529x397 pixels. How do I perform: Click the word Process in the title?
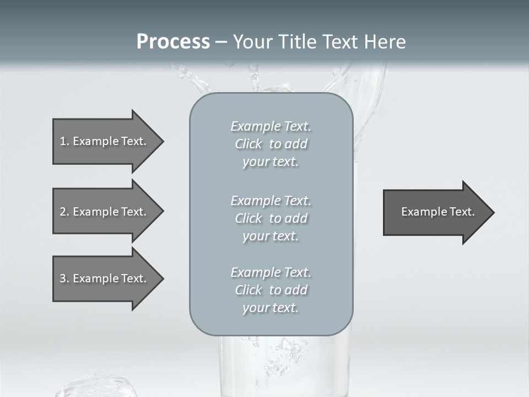(x=173, y=42)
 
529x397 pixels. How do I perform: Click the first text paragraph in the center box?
(x=271, y=144)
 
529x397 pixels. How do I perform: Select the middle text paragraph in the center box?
(x=271, y=218)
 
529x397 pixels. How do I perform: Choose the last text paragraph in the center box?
(x=271, y=290)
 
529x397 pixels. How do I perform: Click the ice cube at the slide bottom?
(x=96, y=386)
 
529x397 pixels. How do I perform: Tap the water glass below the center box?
(x=284, y=367)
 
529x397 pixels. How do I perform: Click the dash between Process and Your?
(x=221, y=42)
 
